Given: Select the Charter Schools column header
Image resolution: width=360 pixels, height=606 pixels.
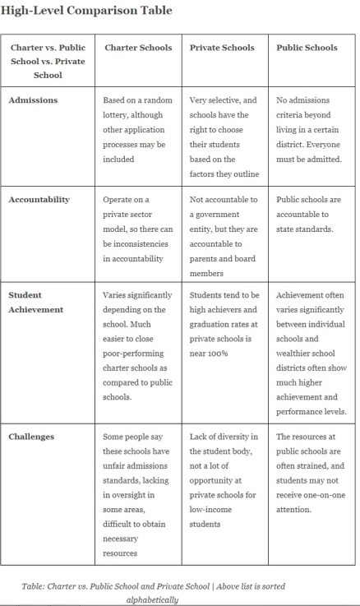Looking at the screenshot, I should (x=138, y=48).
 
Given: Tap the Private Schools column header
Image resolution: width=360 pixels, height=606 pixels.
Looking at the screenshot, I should (x=223, y=48).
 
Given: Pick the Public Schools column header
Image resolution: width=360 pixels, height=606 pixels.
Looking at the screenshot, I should (x=307, y=48).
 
